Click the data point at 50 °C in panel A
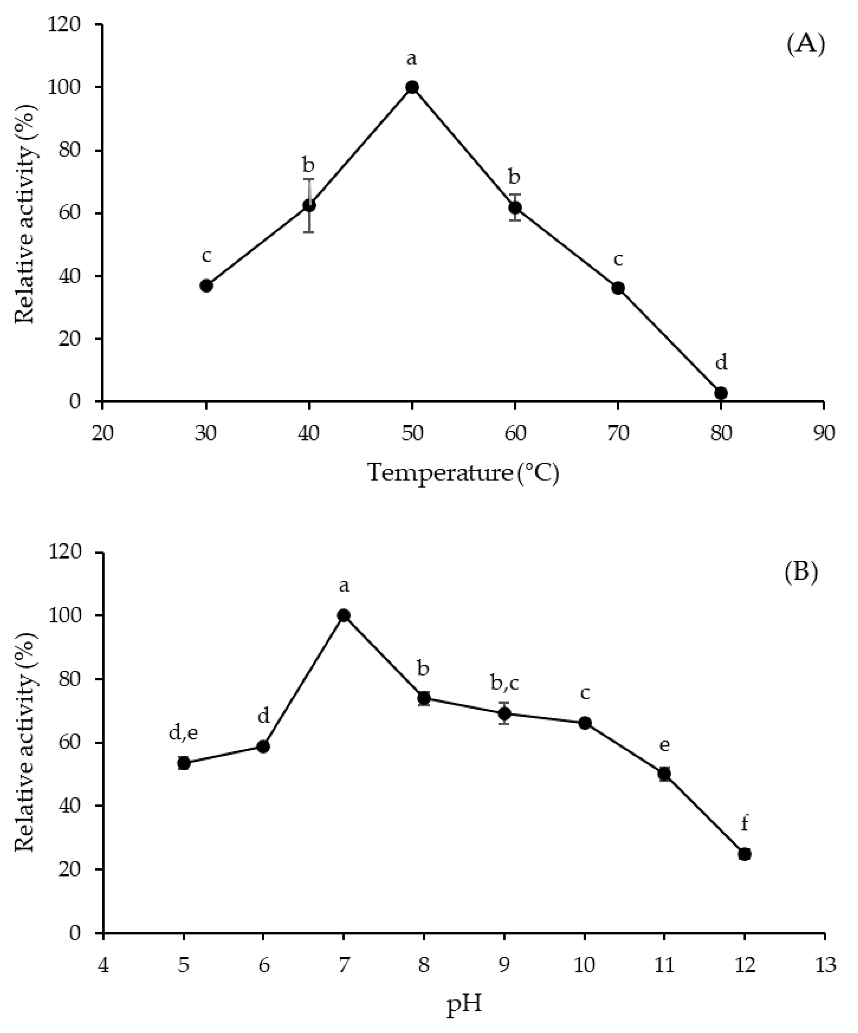(x=412, y=87)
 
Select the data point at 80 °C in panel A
(x=721, y=393)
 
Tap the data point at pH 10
(x=584, y=723)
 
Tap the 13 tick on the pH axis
(x=824, y=965)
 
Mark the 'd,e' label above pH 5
(x=183, y=732)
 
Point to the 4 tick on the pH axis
(x=103, y=965)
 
